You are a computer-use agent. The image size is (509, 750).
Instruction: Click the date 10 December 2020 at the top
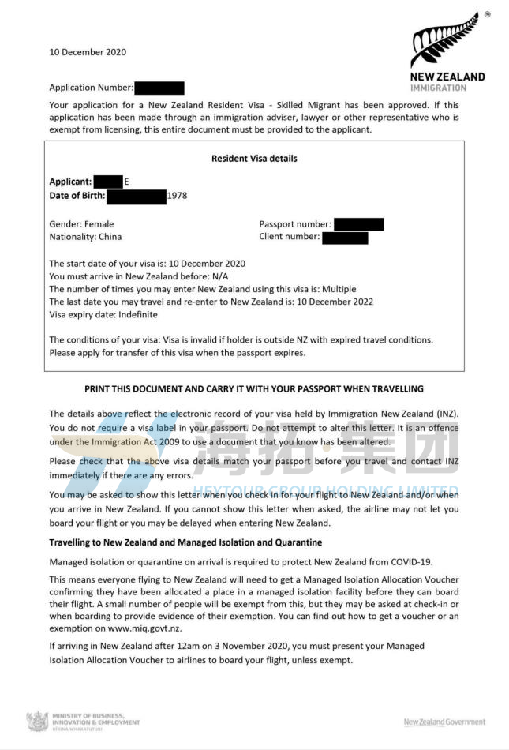pyautogui.click(x=88, y=52)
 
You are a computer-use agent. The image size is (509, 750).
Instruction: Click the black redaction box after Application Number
pyautogui.click(x=159, y=88)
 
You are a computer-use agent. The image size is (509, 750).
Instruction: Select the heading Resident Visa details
pyautogui.click(x=254, y=159)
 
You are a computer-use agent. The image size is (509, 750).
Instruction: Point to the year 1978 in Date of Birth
pyautogui.click(x=178, y=196)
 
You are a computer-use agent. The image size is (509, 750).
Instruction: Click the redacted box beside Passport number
pyautogui.click(x=358, y=224)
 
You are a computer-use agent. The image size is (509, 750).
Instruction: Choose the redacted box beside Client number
pyautogui.click(x=345, y=237)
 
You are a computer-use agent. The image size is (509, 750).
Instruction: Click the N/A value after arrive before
pyautogui.click(x=219, y=276)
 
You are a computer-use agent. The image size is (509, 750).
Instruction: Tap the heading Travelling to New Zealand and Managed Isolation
pyautogui.click(x=185, y=542)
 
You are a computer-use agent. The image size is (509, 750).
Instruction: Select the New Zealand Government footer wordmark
pyautogui.click(x=444, y=722)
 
